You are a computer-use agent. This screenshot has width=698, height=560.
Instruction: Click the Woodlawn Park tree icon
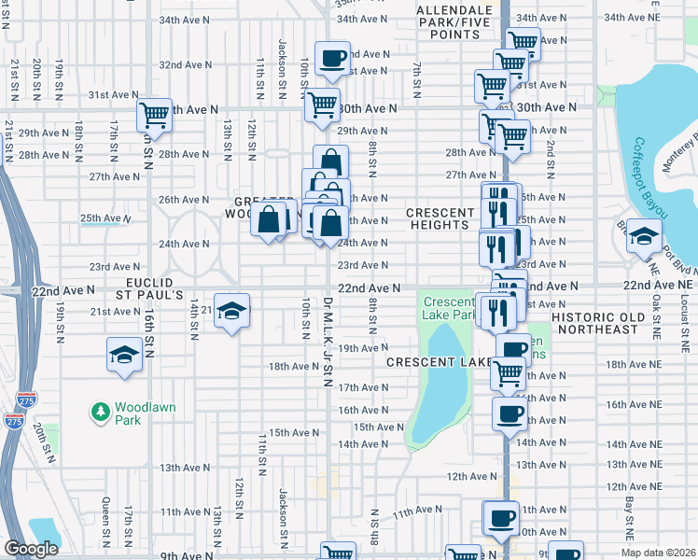coord(100,411)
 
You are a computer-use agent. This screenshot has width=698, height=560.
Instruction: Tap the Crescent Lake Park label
coord(449,309)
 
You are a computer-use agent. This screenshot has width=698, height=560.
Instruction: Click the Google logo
coord(31,549)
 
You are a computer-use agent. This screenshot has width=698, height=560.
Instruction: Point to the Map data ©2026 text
coord(659,552)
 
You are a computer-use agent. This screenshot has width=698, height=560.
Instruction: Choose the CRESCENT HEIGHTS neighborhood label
coord(438,218)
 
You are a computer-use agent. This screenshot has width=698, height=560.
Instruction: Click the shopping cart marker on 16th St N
coord(154,116)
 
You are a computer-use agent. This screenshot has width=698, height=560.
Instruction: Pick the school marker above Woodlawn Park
coord(124,356)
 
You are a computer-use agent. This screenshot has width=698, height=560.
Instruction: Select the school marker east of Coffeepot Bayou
coord(643,236)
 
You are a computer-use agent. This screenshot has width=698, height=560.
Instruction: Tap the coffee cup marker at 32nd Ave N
coord(331,60)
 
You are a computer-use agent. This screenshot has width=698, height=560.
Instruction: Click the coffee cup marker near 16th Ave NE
coord(509,413)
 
